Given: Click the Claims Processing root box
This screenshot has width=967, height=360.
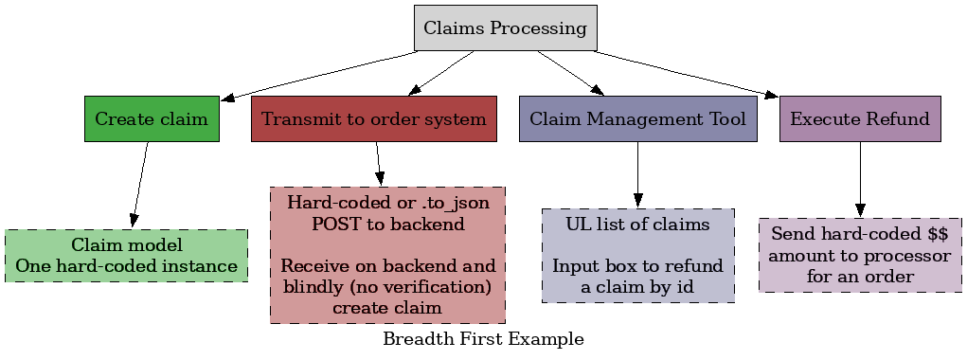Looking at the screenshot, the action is click(505, 27).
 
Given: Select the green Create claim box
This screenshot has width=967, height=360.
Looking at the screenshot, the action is click(152, 119).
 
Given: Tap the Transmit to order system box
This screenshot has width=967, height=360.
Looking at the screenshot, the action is click(374, 119).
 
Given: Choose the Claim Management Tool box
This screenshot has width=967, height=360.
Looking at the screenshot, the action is click(637, 119).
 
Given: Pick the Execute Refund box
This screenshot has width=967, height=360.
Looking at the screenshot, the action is click(860, 119).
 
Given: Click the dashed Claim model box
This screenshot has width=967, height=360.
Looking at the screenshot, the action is click(126, 256).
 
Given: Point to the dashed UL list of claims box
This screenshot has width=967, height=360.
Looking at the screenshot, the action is click(637, 256).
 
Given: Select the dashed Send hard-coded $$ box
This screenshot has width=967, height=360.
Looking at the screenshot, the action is click(860, 255).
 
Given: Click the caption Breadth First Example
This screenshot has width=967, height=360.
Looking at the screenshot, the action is click(483, 338).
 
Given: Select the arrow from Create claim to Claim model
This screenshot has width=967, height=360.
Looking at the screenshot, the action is click(140, 185).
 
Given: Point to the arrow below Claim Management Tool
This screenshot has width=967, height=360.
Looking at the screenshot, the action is click(637, 175).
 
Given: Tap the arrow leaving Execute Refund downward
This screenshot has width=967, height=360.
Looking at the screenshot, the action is click(860, 180).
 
